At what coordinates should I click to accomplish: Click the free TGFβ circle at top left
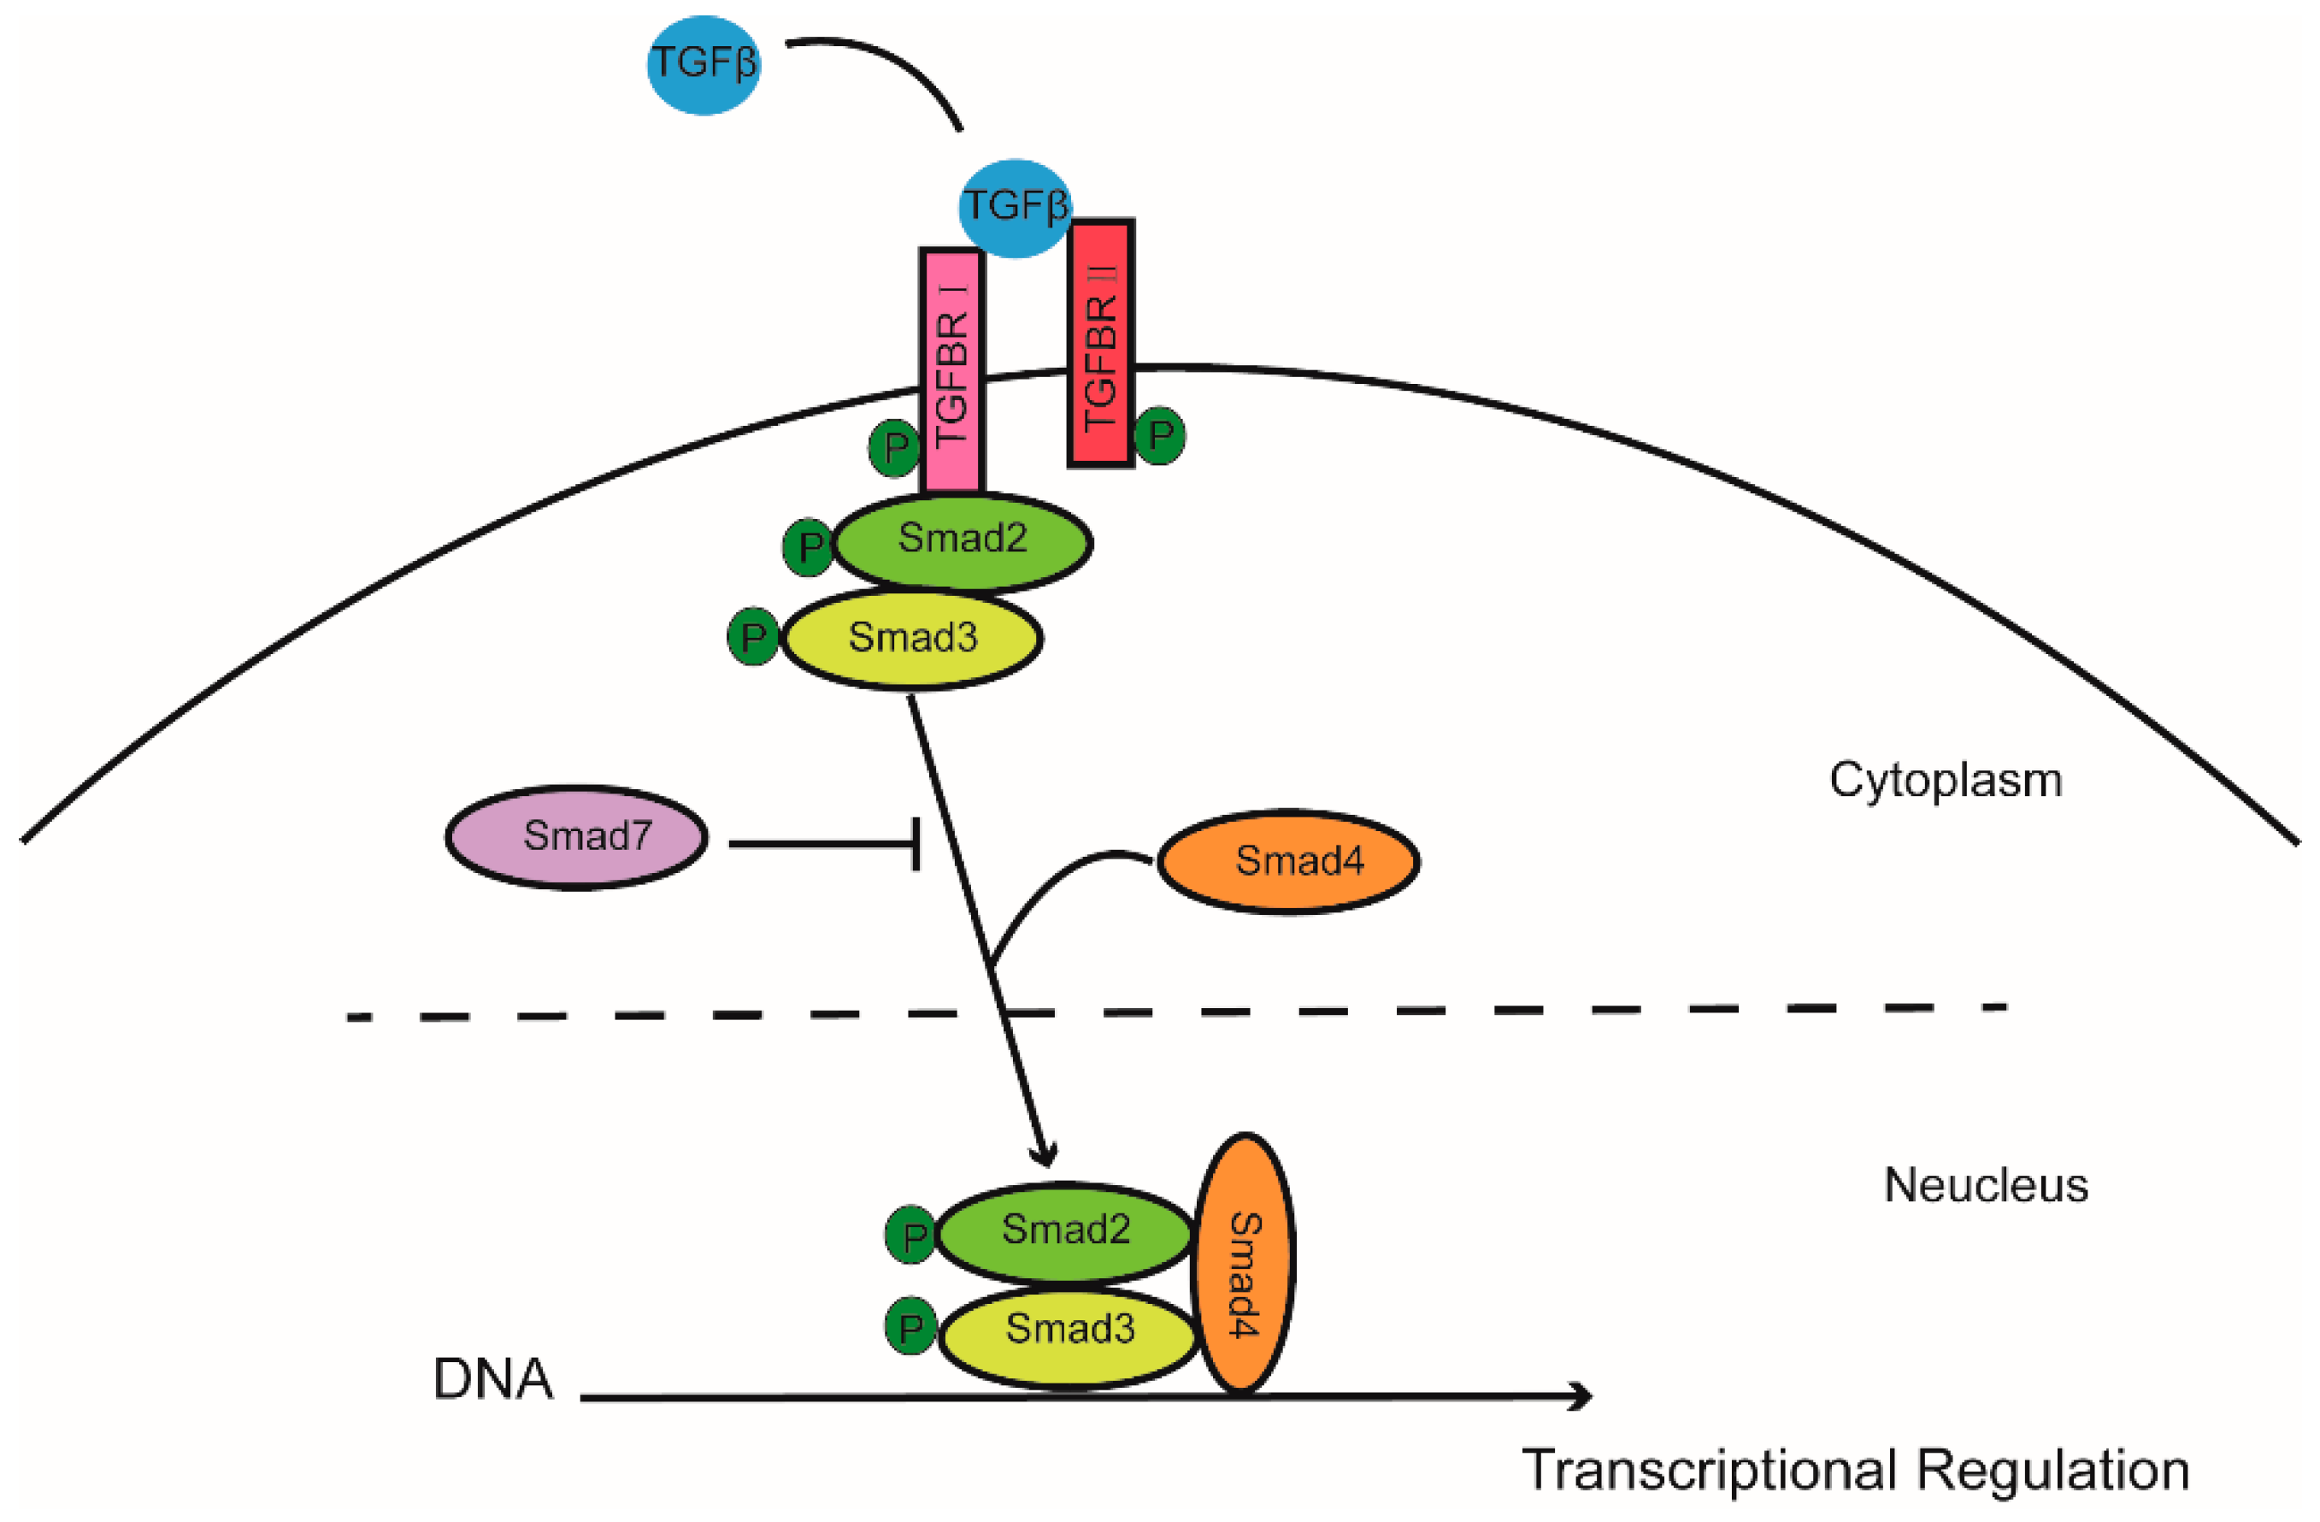click(x=703, y=64)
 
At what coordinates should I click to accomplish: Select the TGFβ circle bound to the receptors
click(x=1015, y=208)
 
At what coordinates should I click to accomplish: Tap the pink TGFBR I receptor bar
click(x=951, y=370)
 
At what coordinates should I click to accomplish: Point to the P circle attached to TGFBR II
click(x=1159, y=435)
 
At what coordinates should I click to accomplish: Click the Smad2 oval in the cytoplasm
click(x=963, y=541)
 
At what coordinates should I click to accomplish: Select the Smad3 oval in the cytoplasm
click(x=912, y=639)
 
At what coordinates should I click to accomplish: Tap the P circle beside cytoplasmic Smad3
click(x=752, y=638)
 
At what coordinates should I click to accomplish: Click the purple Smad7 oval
click(x=577, y=836)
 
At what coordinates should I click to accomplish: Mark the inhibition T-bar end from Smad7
click(x=916, y=844)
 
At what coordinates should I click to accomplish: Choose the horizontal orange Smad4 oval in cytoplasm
click(x=1289, y=861)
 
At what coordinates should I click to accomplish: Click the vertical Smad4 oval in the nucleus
click(x=1244, y=1264)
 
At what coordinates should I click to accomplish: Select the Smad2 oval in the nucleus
click(x=1065, y=1231)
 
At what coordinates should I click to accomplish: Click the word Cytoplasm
click(x=1945, y=780)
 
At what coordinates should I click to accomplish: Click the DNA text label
click(x=492, y=1378)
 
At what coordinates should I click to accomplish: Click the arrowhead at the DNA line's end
click(x=1581, y=1396)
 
